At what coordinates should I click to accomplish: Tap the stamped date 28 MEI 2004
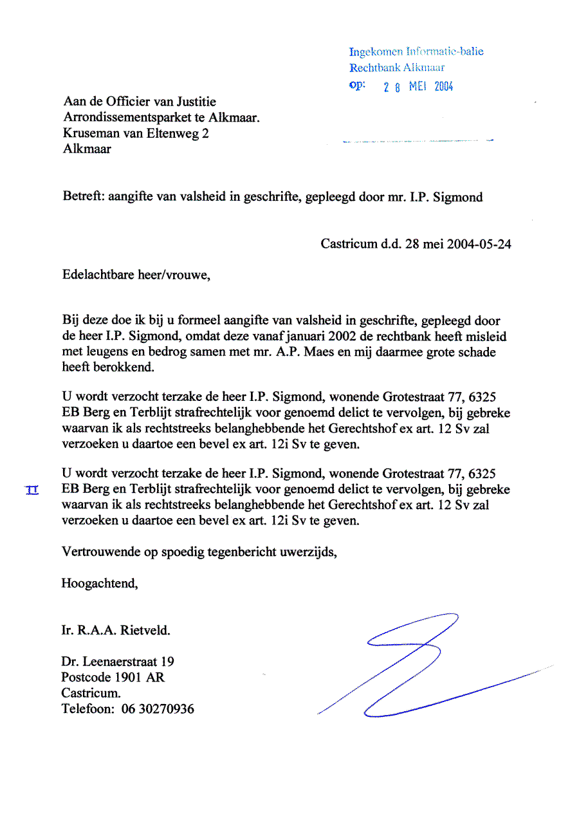(418, 87)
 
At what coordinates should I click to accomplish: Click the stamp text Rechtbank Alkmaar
(397, 68)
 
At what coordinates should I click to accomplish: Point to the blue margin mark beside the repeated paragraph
(32, 491)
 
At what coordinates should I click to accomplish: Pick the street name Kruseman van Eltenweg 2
(136, 133)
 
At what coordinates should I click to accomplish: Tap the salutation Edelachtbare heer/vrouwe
(136, 275)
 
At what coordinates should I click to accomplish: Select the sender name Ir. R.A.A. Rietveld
(116, 631)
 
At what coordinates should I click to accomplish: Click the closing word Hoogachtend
(99, 584)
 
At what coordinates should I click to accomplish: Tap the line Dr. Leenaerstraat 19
(118, 662)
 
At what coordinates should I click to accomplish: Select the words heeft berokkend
(108, 367)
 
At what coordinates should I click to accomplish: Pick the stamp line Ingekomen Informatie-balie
(416, 51)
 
